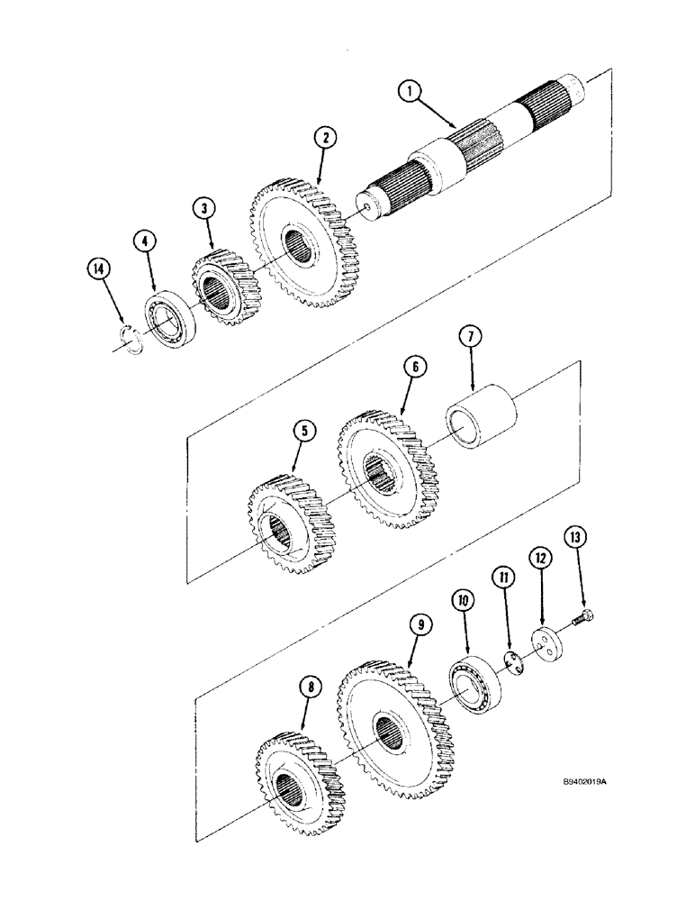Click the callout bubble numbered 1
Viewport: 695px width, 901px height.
coord(411,91)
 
